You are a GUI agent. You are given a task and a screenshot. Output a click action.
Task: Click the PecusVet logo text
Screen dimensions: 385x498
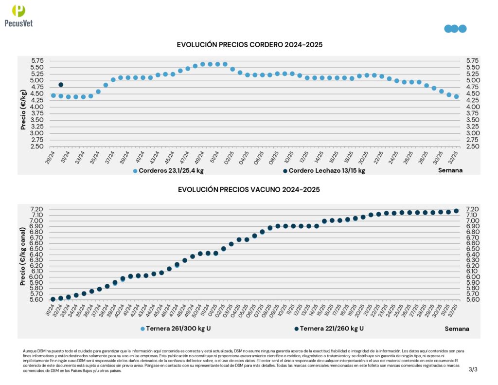coord(18,23)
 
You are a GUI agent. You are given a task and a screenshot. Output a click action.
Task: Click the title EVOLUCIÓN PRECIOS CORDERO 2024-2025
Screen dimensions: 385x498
coord(249,45)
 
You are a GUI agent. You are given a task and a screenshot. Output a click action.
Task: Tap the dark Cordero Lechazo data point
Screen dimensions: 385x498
coord(61,85)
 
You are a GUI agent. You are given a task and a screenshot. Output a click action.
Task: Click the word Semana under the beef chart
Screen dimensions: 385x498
coord(457,329)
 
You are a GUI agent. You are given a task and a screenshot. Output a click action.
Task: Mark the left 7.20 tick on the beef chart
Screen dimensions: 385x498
coord(37,209)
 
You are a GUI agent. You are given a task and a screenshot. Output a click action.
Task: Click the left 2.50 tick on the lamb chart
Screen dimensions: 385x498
coord(37,147)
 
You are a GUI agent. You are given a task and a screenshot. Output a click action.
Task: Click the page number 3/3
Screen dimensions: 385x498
coord(473,369)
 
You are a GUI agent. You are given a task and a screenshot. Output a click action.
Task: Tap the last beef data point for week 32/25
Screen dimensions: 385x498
coord(456,211)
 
